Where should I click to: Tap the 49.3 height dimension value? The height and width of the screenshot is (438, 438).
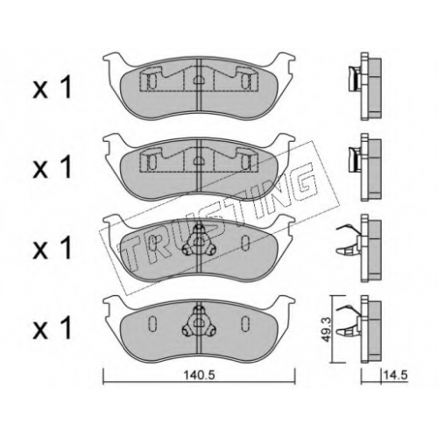(327, 329)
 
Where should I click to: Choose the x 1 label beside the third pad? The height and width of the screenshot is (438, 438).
(53, 249)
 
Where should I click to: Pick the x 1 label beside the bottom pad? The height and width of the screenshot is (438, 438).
(53, 329)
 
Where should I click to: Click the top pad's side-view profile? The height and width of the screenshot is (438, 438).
(365, 87)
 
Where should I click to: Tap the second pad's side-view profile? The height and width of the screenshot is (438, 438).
(365, 167)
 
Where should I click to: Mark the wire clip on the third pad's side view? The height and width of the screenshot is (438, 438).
(348, 240)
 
